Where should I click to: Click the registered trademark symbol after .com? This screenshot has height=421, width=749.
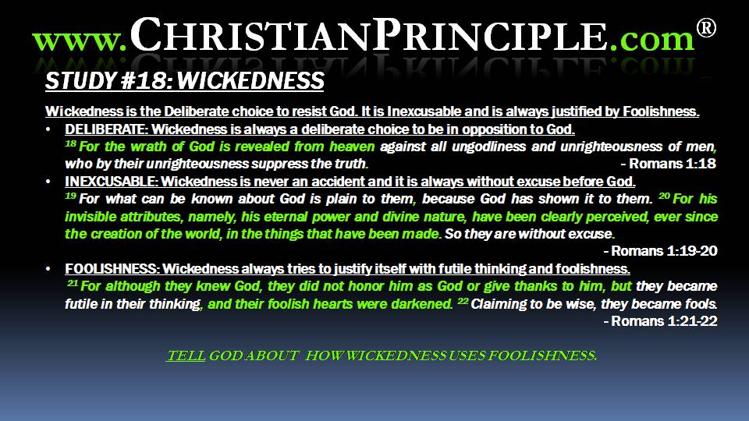click(706, 28)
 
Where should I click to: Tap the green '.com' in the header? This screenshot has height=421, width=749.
click(651, 39)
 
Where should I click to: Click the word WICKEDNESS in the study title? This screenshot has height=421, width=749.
click(250, 80)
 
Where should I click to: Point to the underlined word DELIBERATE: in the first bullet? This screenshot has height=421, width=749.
click(106, 129)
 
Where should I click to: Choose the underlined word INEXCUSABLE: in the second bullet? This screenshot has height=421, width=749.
click(111, 182)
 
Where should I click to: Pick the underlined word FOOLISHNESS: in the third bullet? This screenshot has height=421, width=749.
click(112, 269)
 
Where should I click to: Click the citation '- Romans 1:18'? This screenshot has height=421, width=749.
click(669, 164)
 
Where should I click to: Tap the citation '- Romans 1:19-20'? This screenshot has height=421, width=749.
click(660, 251)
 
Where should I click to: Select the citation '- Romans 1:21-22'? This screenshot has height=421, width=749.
click(660, 320)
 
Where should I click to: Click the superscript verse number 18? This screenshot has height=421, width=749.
click(71, 143)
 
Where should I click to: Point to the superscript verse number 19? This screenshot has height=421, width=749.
click(71, 196)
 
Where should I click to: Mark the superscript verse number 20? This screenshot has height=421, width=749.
click(664, 196)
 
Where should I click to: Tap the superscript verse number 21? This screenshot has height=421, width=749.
click(73, 283)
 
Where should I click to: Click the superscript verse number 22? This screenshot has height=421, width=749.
click(463, 301)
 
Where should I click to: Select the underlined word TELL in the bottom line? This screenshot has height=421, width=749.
click(186, 356)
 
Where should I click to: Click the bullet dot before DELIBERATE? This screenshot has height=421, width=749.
click(48, 129)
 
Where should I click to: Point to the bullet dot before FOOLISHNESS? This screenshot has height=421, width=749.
click(48, 269)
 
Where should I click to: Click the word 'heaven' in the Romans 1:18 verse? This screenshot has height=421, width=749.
click(352, 147)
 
